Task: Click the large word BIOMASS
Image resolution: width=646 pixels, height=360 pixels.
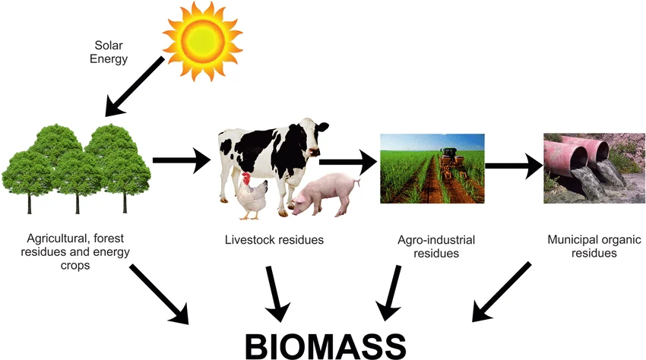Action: point(325,343)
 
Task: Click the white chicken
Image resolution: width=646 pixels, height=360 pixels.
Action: point(252,196)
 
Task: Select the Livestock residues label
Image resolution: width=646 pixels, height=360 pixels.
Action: point(274,240)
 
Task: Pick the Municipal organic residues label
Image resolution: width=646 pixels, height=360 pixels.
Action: point(583,246)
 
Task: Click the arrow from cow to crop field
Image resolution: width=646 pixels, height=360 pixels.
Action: point(348,161)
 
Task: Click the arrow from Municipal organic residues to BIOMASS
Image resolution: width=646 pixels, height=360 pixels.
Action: point(502,291)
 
